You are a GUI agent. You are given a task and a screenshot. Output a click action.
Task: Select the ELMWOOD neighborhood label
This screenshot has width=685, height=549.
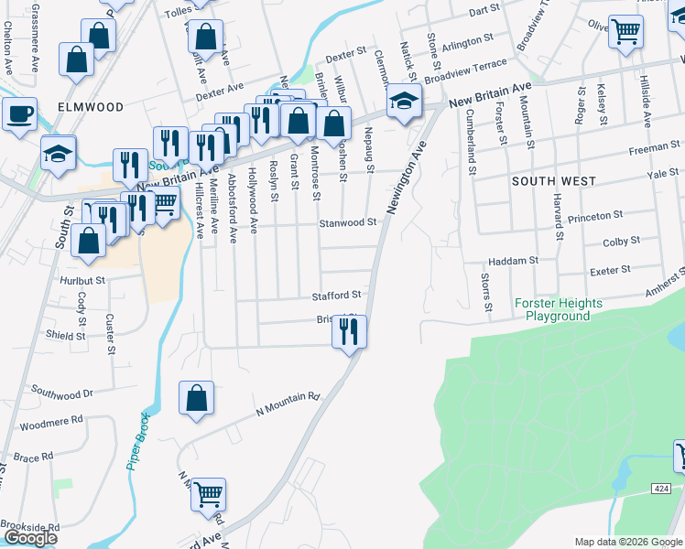pyautogui.click(x=91, y=107)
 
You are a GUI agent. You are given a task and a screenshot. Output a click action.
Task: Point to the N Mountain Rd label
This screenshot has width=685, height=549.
pyautogui.click(x=288, y=404)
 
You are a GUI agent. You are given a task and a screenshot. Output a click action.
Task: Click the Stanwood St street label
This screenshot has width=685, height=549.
pyautogui.click(x=348, y=222)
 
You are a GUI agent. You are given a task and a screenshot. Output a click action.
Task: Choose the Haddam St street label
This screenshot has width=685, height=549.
pyautogui.click(x=513, y=261)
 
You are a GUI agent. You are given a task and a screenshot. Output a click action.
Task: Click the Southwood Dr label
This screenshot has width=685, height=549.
pyautogui.click(x=62, y=393)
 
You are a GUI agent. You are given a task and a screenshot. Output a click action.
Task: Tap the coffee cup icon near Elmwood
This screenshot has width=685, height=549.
pyautogui.click(x=18, y=114)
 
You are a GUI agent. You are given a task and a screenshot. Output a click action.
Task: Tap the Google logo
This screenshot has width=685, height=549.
pyautogui.click(x=30, y=538)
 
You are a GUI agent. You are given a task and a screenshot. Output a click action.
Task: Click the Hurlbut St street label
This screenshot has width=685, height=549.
pyautogui.click(x=82, y=280)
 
